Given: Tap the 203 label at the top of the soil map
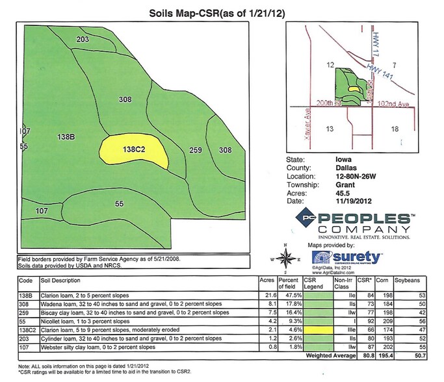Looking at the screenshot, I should (83, 40).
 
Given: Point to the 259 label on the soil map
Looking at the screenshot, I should (196, 151).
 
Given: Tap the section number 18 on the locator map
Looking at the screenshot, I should (394, 129).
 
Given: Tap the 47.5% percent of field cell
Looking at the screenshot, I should (289, 295).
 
